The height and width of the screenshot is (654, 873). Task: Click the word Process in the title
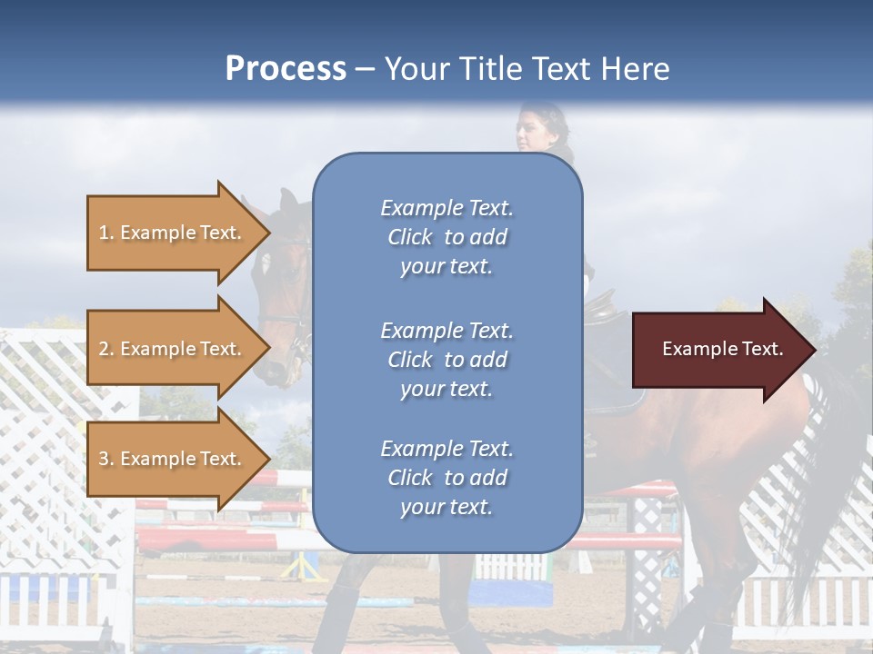pos(286,69)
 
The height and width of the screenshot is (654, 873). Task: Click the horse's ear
pos(289,203)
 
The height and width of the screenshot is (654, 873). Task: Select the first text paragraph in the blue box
pos(447,237)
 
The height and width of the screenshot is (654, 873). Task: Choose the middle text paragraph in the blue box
pos(447,360)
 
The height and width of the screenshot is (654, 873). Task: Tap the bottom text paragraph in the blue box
pos(447,478)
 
